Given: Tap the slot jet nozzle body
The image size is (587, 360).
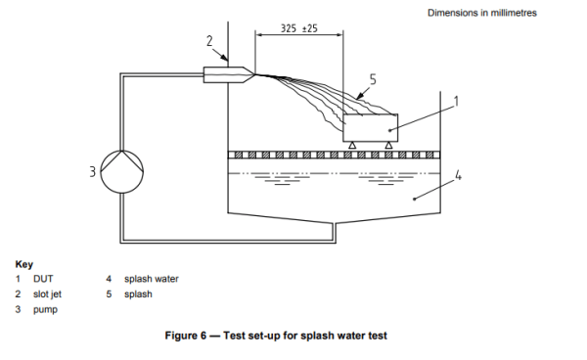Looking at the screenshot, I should click(x=221, y=72).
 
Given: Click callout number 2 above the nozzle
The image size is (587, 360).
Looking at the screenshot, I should click(x=209, y=40).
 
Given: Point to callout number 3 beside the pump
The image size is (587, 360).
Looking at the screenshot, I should click(x=94, y=172).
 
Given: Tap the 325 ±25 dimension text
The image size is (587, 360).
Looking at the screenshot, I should click(x=298, y=28).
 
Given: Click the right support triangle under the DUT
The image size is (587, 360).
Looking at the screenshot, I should click(x=389, y=145).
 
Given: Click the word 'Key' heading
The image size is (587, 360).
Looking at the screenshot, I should click(x=23, y=264).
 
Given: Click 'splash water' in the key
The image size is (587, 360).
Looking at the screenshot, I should click(x=151, y=279).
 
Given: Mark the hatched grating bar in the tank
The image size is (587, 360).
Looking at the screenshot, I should click(x=334, y=155).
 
